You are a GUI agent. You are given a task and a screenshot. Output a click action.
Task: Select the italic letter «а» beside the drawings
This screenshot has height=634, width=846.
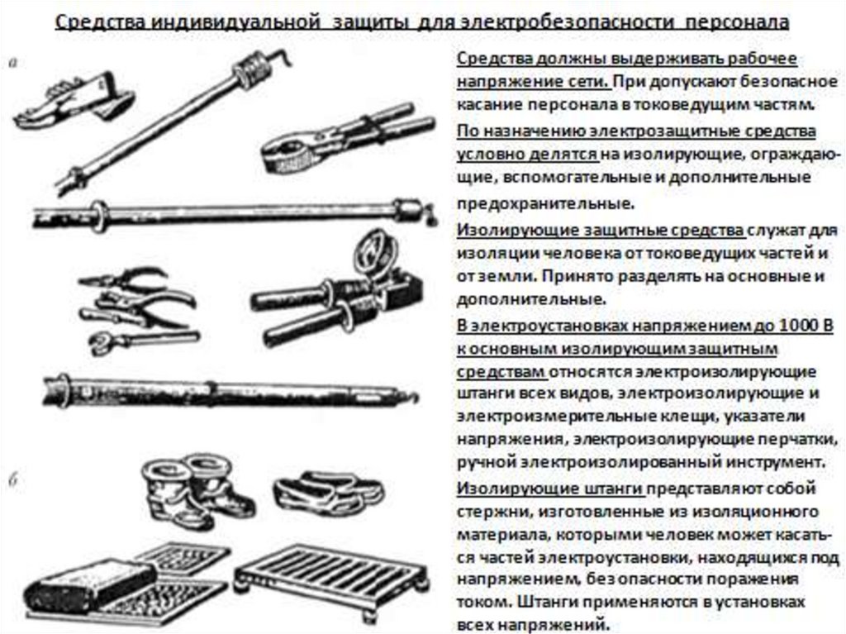pyautogui.click(x=14, y=63)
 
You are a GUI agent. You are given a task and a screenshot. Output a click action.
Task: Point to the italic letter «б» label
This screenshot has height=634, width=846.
pyautogui.click(x=15, y=479)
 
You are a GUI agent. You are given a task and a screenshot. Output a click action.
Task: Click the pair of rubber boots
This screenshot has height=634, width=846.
pyautogui.click(x=197, y=489)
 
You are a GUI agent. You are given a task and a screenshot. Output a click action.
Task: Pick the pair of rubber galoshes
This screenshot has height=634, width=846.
pyautogui.click(x=328, y=492)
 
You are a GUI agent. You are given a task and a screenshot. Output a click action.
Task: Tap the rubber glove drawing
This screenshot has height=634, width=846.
pyautogui.click(x=74, y=100)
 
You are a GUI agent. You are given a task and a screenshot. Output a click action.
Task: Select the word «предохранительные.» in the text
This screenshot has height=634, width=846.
pyautogui.click(x=544, y=203)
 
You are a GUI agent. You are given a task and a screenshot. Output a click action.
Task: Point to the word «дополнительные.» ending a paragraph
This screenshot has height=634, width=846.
pyautogui.click(x=531, y=298)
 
